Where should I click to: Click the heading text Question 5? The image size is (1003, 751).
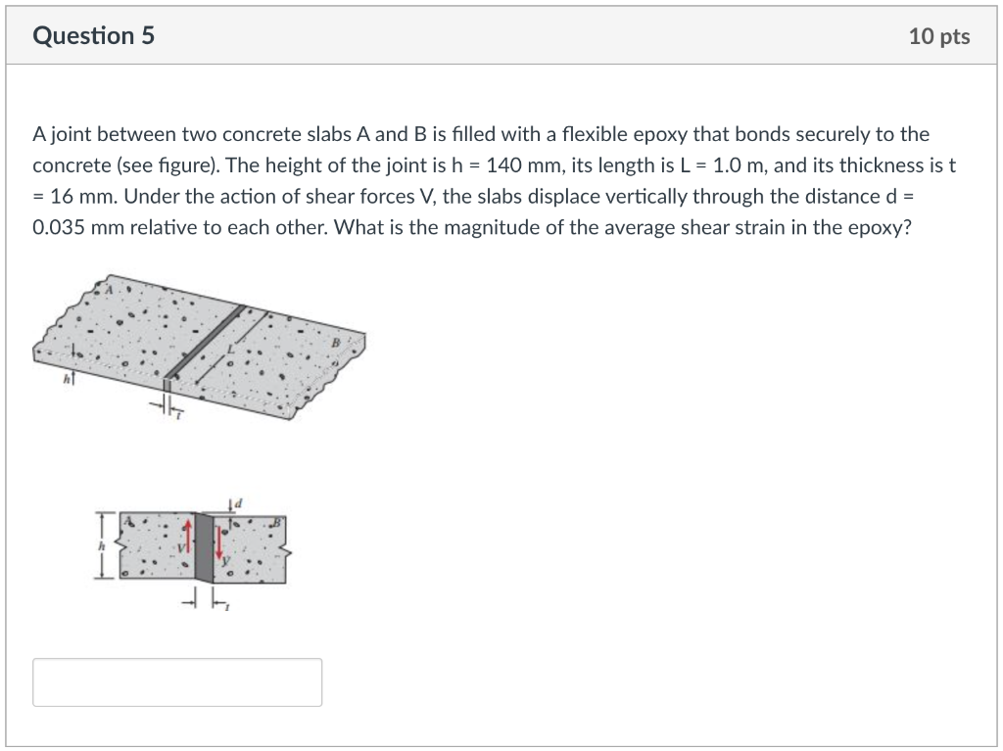(93, 36)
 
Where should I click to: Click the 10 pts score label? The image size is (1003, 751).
(938, 36)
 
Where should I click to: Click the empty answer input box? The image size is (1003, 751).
(177, 682)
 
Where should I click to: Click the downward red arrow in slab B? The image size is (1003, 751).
(219, 539)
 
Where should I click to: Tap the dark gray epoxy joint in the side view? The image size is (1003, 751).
(204, 548)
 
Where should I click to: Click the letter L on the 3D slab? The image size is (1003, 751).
(230, 348)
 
